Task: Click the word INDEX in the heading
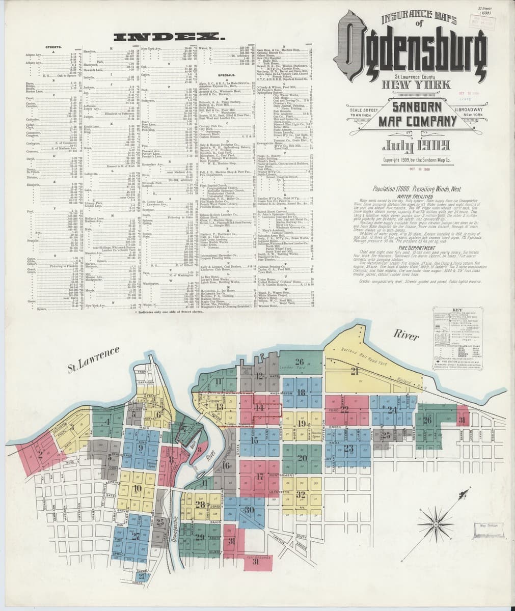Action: pyautogui.click(x=170, y=37)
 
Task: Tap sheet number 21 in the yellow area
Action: pyautogui.click(x=355, y=371)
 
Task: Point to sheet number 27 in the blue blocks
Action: pyautogui.click(x=135, y=535)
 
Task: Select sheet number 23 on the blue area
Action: pyautogui.click(x=348, y=448)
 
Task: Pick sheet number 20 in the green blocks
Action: pyautogui.click(x=302, y=458)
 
